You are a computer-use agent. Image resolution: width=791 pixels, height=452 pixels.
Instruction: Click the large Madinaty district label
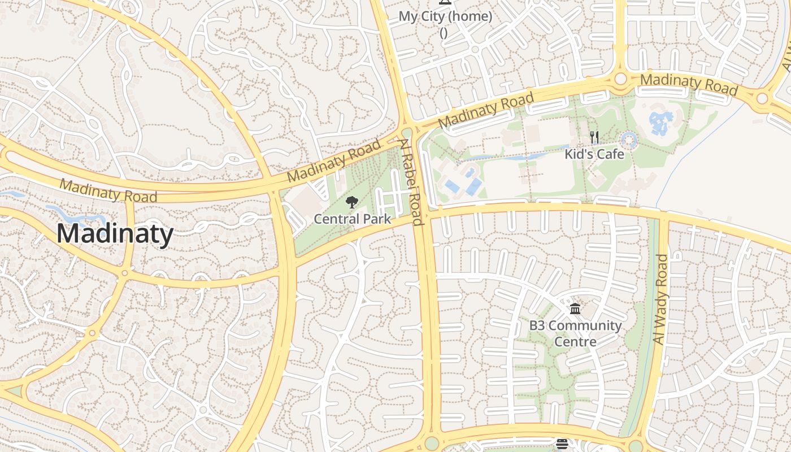coord(115,234)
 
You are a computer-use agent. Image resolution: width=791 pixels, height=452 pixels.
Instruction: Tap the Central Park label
coord(353,219)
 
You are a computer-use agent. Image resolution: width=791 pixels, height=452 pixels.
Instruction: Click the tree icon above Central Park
coord(352,202)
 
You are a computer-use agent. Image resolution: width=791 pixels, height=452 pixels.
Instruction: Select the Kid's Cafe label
coord(594,154)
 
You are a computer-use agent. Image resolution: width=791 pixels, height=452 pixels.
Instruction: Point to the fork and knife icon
coord(594,137)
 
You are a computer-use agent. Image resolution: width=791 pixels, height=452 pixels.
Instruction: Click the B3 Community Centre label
coord(575,333)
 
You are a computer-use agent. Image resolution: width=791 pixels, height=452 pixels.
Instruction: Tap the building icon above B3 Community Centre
coord(575,309)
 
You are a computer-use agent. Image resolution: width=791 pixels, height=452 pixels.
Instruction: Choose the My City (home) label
coord(445,16)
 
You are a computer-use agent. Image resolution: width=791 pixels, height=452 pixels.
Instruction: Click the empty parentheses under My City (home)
coord(444,33)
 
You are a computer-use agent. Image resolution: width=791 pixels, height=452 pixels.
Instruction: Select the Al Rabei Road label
coord(412,182)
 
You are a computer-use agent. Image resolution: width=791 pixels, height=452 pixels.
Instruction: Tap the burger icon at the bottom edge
coord(562,444)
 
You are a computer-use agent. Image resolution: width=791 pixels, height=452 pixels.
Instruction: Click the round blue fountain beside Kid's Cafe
coord(629,140)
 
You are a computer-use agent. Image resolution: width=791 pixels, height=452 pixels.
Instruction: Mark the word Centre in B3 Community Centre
coord(575,342)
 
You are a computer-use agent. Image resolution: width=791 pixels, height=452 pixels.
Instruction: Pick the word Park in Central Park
coord(376,219)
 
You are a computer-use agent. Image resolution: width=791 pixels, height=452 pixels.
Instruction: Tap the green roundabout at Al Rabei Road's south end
coord(432,443)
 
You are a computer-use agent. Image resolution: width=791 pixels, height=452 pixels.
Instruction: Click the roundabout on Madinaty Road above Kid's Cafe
coord(620,79)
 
